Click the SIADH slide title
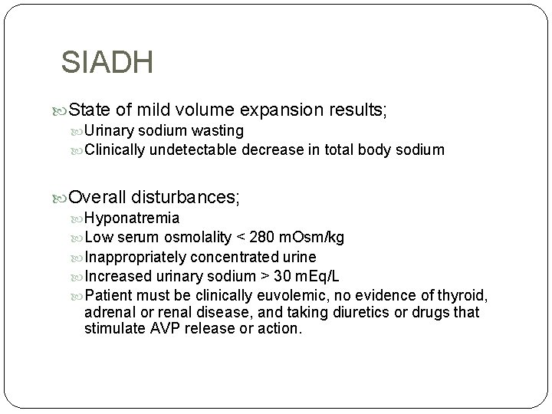107,62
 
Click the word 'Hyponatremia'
133,219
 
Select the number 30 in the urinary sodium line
281,276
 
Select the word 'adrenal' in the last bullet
110,313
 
